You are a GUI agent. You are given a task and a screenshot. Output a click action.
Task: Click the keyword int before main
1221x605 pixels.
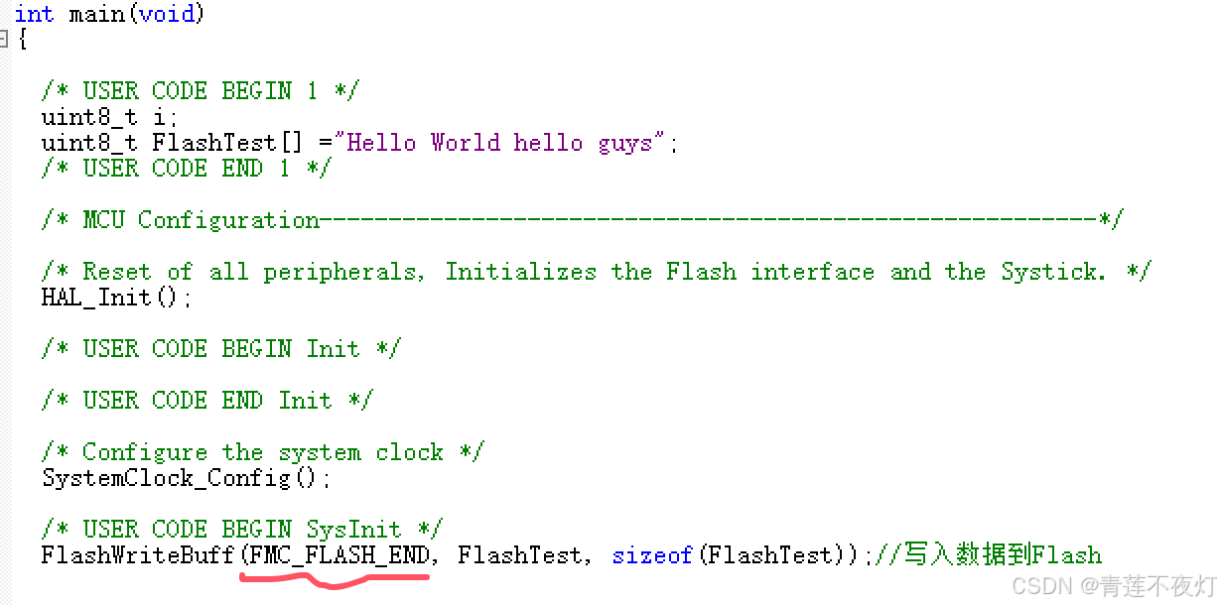click(34, 14)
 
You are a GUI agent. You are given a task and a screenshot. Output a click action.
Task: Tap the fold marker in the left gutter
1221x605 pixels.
click(4, 39)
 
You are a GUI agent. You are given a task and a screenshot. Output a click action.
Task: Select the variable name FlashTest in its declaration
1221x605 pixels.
click(200, 142)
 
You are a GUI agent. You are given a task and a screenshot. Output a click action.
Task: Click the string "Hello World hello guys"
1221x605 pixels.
click(499, 142)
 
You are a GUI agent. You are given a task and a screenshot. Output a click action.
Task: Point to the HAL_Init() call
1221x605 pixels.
click(116, 298)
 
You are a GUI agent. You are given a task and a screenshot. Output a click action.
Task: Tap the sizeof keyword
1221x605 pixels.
click(652, 554)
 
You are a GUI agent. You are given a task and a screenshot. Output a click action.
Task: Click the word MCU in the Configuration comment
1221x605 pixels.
click(103, 220)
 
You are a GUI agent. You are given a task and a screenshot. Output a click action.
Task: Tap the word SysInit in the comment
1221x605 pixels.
click(353, 530)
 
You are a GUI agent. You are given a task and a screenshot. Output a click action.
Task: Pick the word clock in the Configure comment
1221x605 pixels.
click(409, 452)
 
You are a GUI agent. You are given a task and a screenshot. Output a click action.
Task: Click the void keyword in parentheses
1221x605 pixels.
click(168, 14)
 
